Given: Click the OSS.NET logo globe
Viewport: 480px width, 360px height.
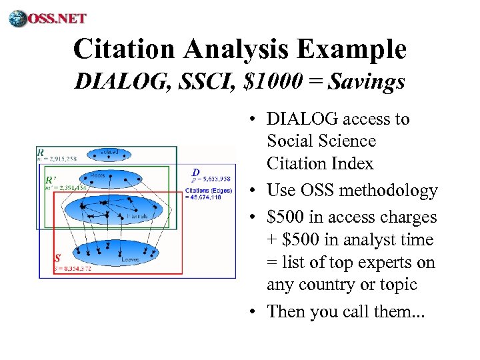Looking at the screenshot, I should [x=18, y=18].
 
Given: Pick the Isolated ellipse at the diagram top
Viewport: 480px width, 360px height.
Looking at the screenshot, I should [x=108, y=155].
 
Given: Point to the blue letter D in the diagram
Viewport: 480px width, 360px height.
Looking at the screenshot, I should [x=195, y=172].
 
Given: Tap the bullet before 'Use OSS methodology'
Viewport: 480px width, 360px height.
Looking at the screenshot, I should [x=255, y=191].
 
